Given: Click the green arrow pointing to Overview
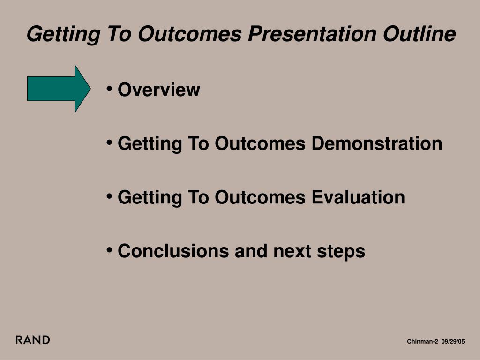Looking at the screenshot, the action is pyautogui.click(x=59, y=89).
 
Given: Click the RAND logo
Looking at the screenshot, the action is pyautogui.click(x=33, y=340).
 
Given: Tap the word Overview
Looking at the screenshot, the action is pyautogui.click(x=159, y=90).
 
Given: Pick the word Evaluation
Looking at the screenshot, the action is pyautogui.click(x=358, y=197).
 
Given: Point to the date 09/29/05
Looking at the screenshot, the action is pyautogui.click(x=453, y=341).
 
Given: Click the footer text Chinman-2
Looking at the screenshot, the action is pyautogui.click(x=422, y=341).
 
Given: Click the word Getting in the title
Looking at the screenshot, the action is pyautogui.click(x=64, y=34).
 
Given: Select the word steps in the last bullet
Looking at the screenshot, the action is pyautogui.click(x=341, y=252).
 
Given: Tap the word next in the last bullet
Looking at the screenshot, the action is pyautogui.click(x=292, y=251).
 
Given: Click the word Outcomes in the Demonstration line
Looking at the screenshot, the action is pyautogui.click(x=260, y=143).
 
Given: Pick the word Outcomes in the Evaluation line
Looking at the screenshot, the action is pyautogui.click(x=260, y=197).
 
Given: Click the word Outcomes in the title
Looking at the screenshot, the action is pyautogui.click(x=190, y=34).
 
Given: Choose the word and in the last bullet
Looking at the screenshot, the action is pyautogui.click(x=251, y=251).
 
